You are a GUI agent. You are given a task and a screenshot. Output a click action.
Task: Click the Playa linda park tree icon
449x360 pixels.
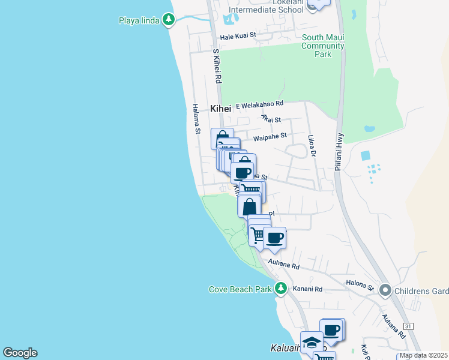click(x=169, y=20)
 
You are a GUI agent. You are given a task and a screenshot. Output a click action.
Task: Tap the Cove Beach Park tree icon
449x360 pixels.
click(x=280, y=289)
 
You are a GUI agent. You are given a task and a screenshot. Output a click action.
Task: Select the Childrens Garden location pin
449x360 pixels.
click(x=385, y=291)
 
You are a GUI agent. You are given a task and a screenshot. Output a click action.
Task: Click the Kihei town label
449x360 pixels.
click(x=220, y=109)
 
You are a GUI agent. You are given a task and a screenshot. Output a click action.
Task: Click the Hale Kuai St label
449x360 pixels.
click(x=238, y=36)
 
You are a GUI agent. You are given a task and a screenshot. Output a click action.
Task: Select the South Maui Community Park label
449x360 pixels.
click(x=323, y=46)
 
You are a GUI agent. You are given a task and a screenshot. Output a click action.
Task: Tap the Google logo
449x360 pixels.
click(x=20, y=353)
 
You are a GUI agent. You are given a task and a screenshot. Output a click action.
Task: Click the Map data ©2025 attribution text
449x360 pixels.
click(x=423, y=355)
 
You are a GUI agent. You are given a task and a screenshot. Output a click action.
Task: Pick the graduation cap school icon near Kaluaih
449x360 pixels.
click(x=312, y=343)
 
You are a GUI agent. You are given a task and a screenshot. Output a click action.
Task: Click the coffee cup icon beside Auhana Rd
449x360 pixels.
click(x=274, y=238)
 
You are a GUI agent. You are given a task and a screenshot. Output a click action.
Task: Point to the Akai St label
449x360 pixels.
click(x=271, y=119)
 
